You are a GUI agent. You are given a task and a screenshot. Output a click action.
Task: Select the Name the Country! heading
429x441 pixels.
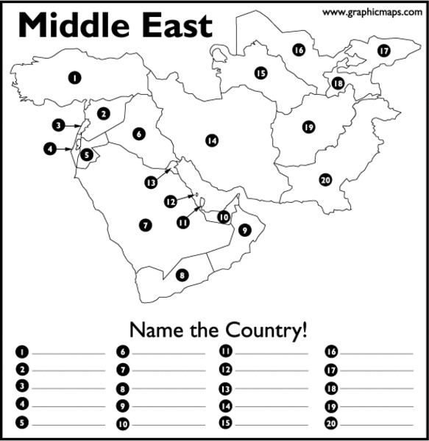[218, 329]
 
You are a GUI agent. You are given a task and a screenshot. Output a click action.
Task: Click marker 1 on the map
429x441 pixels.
[74, 76]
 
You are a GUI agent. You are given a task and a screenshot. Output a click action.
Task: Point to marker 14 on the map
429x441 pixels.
[212, 140]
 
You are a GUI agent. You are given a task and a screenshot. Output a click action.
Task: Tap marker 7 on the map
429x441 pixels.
[145, 225]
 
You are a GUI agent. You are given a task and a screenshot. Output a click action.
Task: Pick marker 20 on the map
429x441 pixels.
[325, 179]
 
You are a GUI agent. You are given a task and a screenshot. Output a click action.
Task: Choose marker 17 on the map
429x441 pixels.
[383, 51]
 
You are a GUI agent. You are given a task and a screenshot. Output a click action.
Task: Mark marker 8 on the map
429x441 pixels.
[182, 275]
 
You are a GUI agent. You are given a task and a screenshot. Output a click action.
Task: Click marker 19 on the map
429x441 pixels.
[308, 127]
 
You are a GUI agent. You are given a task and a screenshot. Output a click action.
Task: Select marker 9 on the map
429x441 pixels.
[245, 230]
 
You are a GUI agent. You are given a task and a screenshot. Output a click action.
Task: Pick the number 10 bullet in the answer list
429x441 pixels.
[123, 424]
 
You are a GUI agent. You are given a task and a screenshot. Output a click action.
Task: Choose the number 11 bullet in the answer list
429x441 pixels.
[226, 351]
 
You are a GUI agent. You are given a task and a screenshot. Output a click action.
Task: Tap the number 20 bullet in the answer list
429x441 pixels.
[331, 423]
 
